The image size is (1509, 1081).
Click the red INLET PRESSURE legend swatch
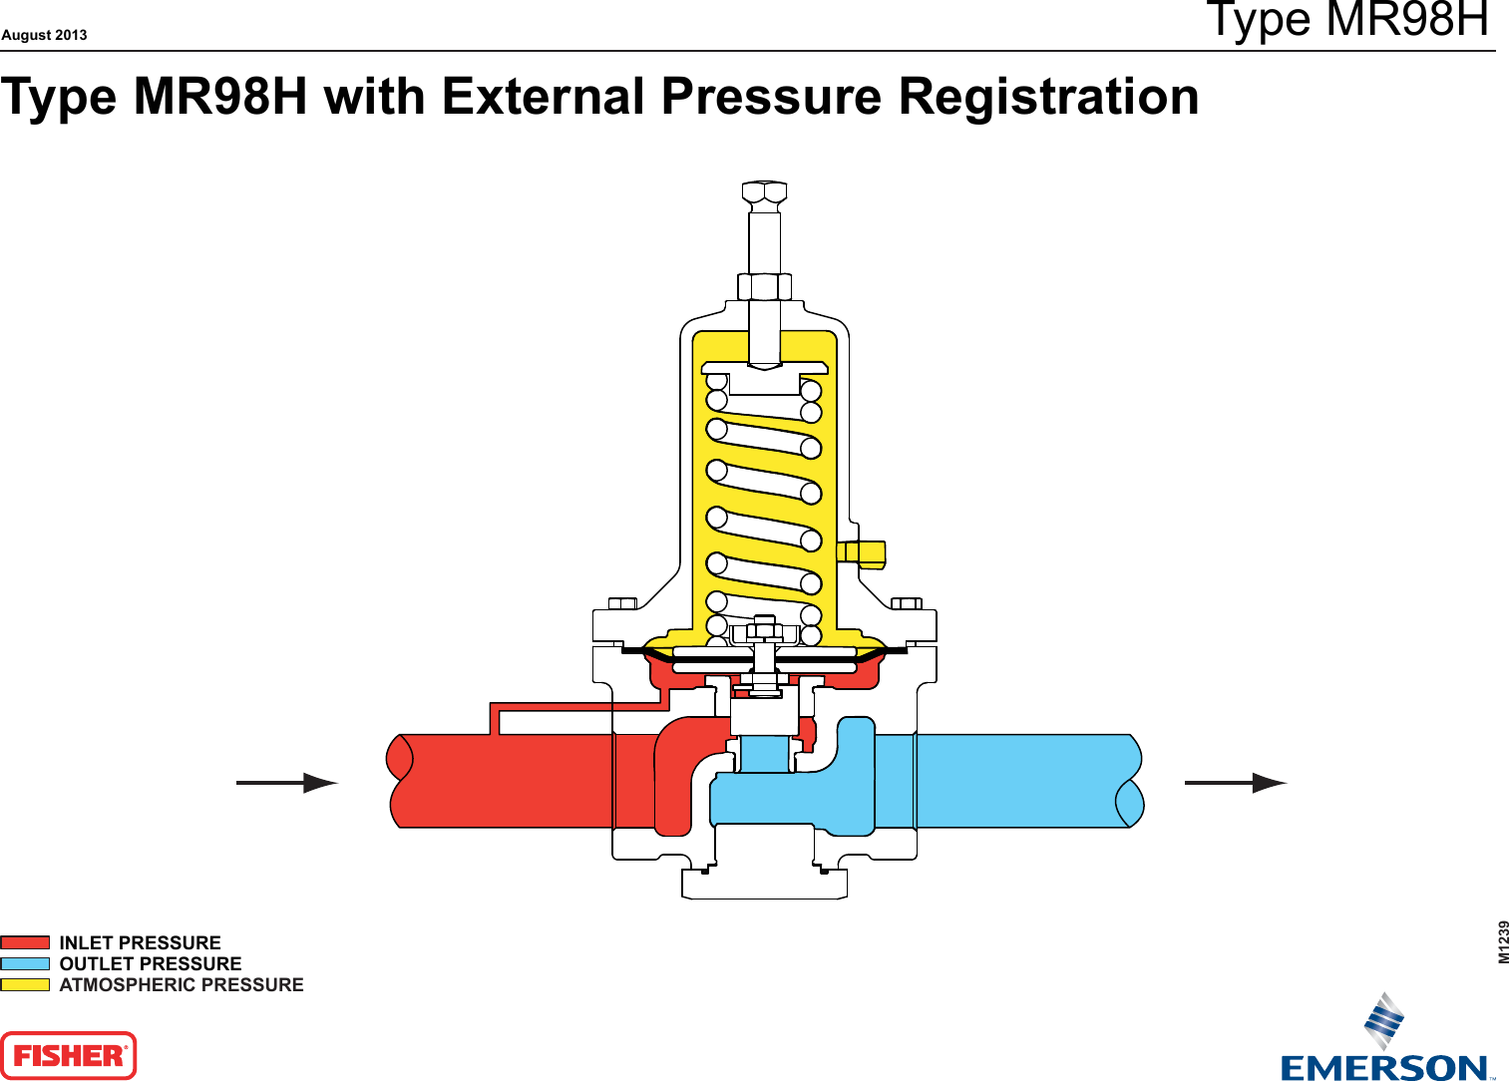tap(25, 942)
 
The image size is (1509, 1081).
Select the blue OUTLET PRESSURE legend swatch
tap(25, 963)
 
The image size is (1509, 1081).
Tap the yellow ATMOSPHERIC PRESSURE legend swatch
tap(25, 984)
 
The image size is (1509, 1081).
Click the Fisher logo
tap(68, 1055)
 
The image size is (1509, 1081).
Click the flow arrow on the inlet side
tap(287, 783)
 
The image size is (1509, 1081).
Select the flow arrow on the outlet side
tap(1236, 783)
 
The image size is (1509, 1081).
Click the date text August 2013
tap(44, 35)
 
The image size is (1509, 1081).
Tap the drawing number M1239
tap(1503, 941)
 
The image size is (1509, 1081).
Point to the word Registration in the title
tap(1048, 97)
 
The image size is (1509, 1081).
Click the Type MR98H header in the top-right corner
tap(1346, 20)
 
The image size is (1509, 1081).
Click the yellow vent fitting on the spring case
tap(862, 553)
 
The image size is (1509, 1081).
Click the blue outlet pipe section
tap(1027, 781)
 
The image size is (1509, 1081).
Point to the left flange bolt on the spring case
tap(622, 603)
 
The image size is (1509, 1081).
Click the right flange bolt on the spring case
tap(907, 603)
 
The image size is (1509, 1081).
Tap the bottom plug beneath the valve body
tap(765, 884)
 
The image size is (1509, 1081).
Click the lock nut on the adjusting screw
tap(765, 286)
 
